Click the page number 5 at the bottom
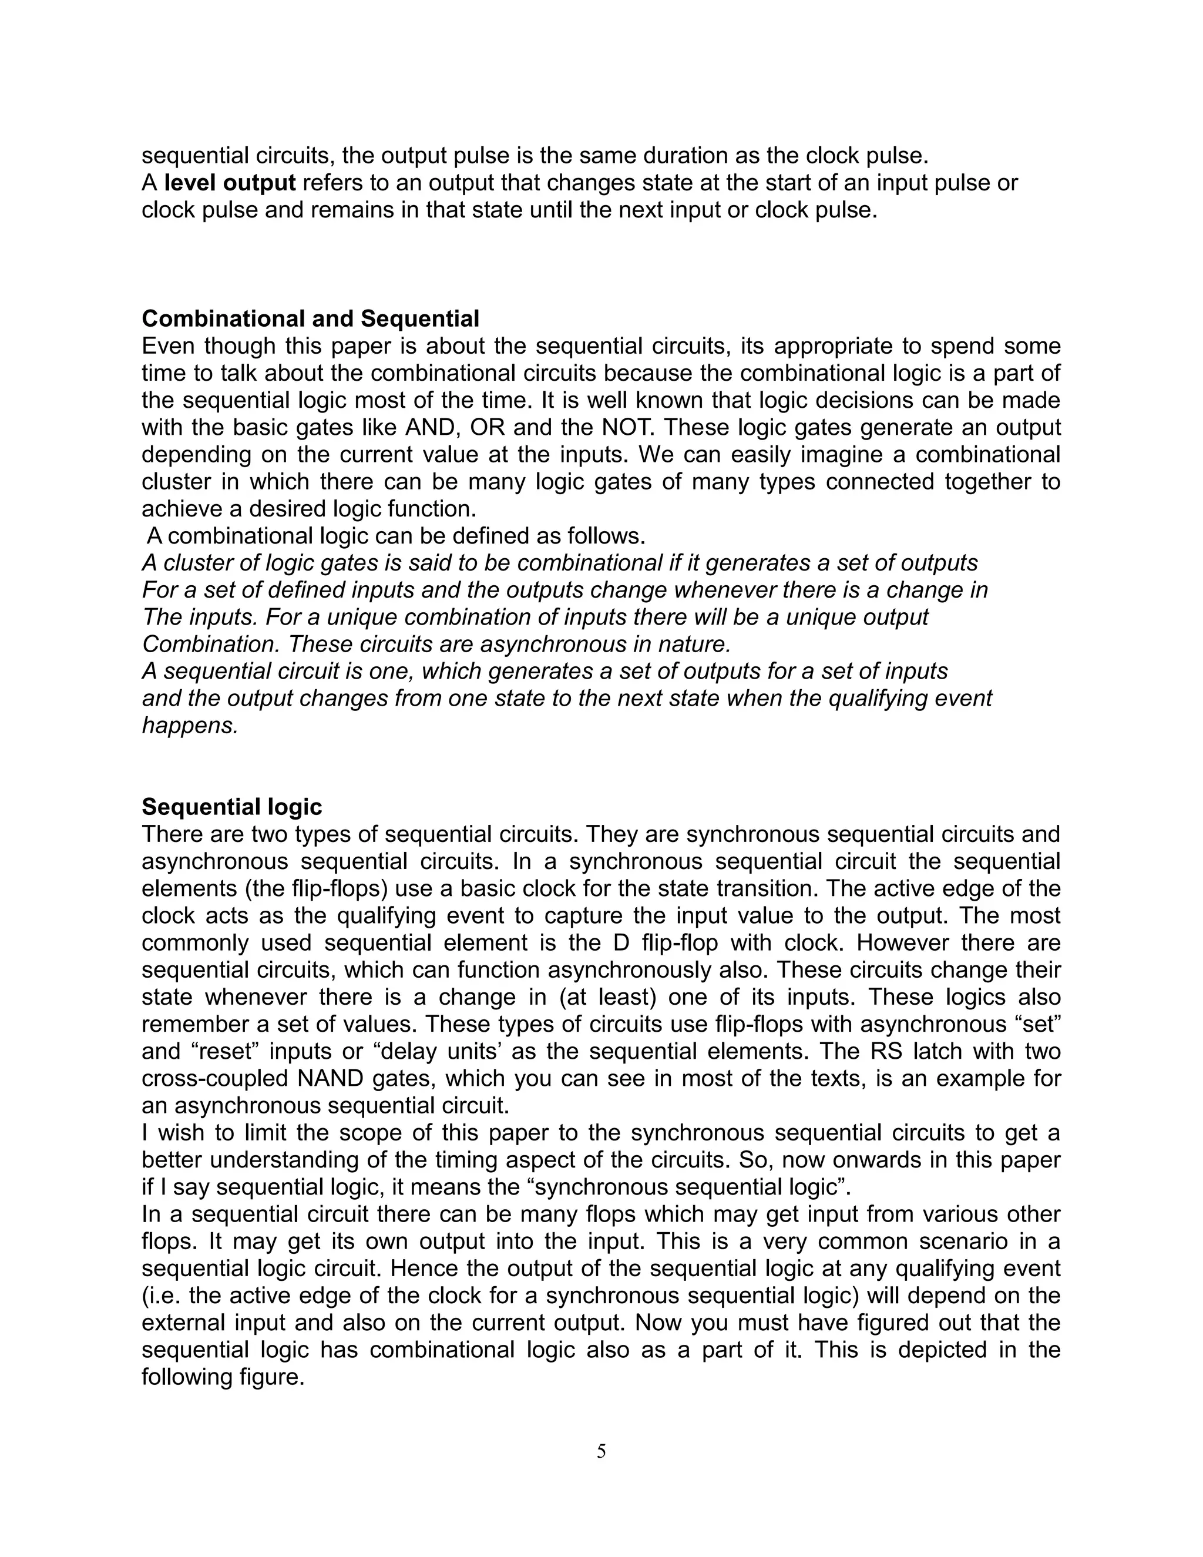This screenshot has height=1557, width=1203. [601, 1451]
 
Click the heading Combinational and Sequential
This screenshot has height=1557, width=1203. [310, 318]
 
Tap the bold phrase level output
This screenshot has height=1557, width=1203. [230, 183]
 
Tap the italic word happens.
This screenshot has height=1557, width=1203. [190, 726]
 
